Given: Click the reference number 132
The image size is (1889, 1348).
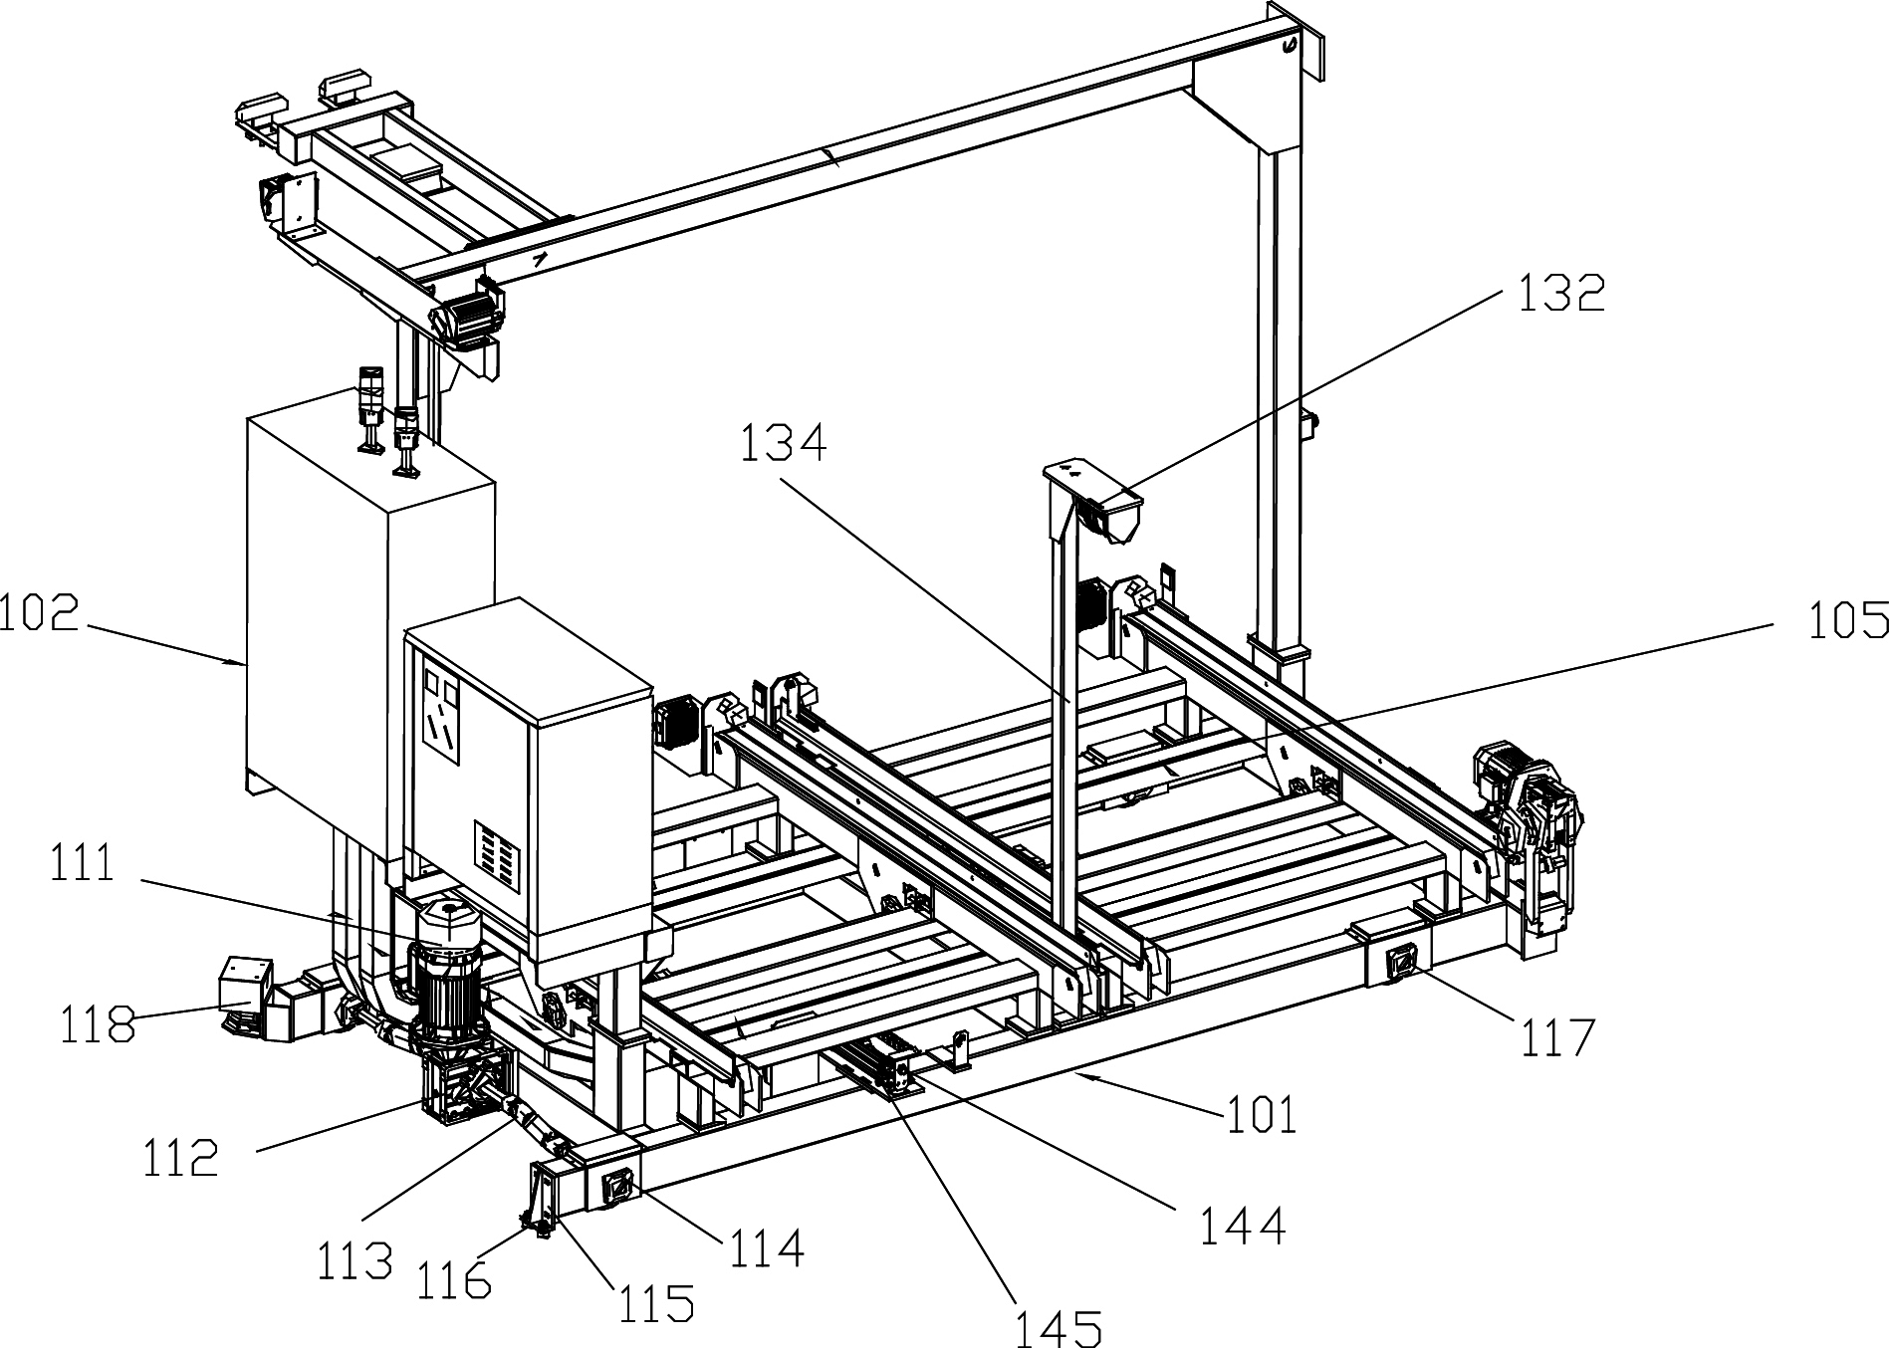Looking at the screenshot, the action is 1560,294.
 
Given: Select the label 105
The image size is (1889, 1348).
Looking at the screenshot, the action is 1848,619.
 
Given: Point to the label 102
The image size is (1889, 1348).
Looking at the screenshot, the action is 40,613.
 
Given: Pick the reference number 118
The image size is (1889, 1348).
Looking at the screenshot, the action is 97,1023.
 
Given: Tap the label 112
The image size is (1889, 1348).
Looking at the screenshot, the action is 181,1158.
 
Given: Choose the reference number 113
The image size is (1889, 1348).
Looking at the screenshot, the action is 354,1261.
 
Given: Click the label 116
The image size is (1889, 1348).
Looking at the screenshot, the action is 454,1280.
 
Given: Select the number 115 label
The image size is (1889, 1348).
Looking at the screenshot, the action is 655,1302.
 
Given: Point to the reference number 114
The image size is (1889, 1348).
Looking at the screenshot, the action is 767,1248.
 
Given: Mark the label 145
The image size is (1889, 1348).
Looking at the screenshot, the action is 1059,1327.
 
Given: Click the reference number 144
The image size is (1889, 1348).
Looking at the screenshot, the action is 1242,1225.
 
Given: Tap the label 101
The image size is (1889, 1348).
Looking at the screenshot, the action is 1261,1114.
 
